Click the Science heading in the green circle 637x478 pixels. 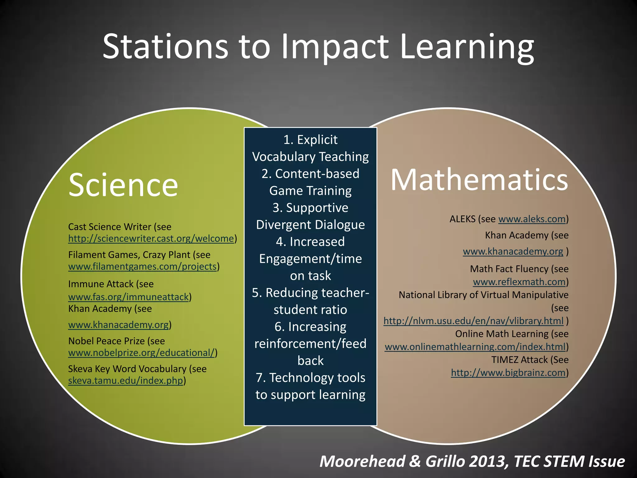point(123,185)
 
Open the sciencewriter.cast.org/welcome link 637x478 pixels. point(151,239)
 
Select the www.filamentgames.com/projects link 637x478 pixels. point(142,267)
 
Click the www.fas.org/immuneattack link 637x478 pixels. point(128,297)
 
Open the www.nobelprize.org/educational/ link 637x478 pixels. point(142,353)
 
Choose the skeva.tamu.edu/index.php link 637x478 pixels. point(125,381)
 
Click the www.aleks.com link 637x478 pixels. point(532,219)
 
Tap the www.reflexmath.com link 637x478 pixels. point(519,282)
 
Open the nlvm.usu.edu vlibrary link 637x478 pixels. point(473,321)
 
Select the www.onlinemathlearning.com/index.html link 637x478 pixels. point(475,347)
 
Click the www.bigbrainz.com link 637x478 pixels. point(508,373)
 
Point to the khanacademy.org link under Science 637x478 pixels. point(119,325)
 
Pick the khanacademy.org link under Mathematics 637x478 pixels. point(513,251)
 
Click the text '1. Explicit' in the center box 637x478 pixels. point(310,140)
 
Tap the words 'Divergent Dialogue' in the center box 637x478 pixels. point(310,225)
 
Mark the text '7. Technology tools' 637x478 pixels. point(310,377)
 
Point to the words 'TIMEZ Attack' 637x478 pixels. point(519,360)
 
